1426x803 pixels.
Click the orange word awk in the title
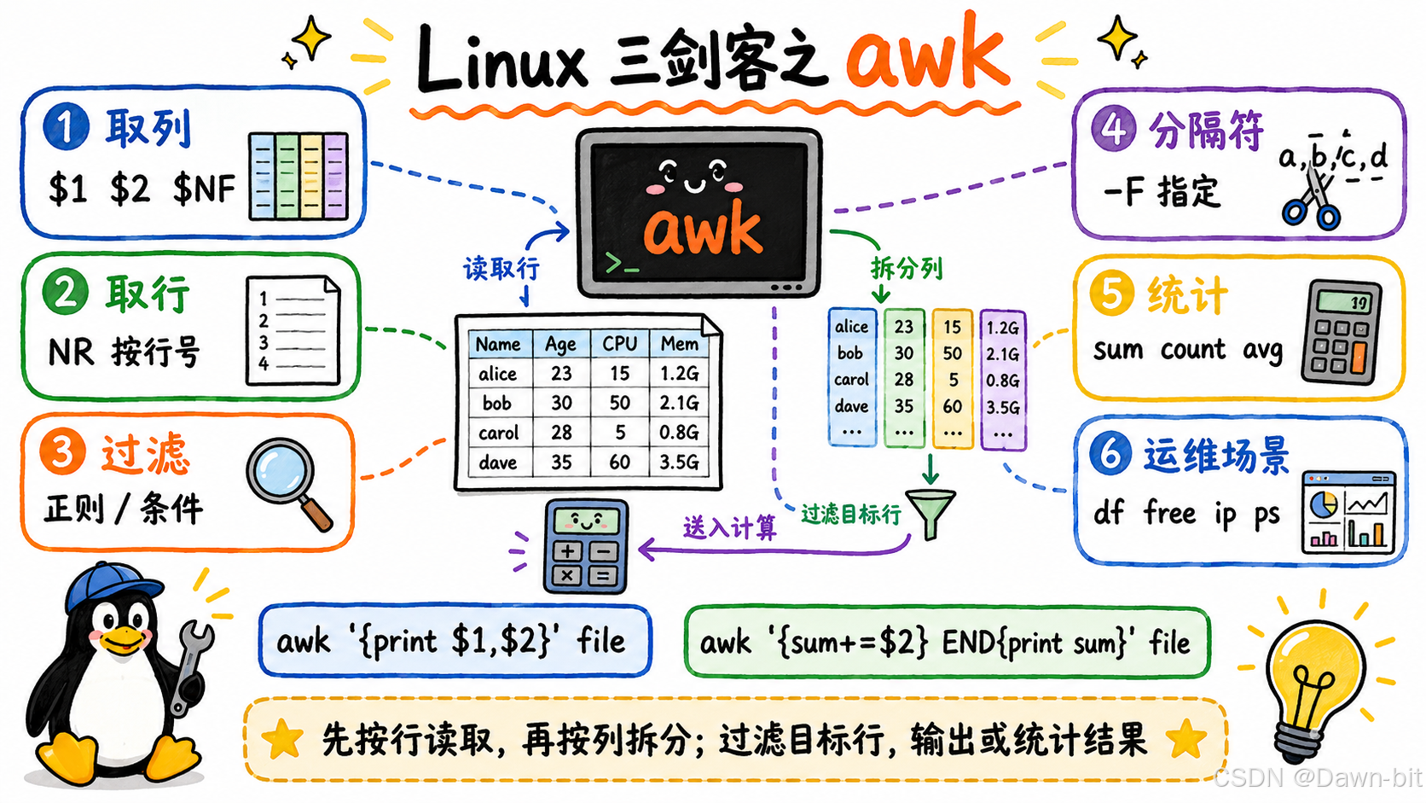[927, 55]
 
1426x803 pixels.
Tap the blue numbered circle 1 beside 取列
[67, 126]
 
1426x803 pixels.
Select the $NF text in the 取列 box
[204, 189]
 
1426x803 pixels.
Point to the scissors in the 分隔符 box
[1312, 197]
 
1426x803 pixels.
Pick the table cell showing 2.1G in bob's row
[679, 403]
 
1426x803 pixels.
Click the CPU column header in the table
[619, 344]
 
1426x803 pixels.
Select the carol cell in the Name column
[498, 433]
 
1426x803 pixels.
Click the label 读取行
[501, 269]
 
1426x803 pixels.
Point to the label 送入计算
[729, 527]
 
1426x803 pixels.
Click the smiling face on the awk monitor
[694, 176]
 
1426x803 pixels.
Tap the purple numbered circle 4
[1114, 128]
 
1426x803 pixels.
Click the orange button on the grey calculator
[1359, 358]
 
